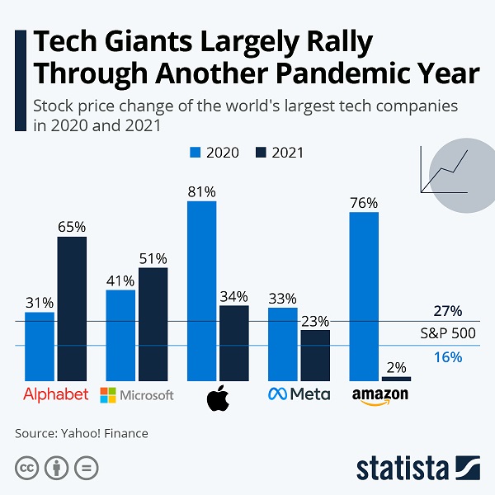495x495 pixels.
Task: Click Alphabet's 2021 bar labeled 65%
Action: (x=71, y=308)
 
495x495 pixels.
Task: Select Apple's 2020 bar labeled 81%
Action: (x=201, y=290)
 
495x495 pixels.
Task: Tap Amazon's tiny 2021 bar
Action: (x=396, y=379)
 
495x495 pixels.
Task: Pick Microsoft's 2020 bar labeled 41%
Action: (x=120, y=335)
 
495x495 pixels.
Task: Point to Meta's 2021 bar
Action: (x=315, y=355)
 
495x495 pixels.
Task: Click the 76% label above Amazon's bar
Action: (x=364, y=203)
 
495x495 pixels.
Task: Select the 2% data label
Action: (x=397, y=367)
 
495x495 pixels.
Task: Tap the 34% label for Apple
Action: (x=233, y=295)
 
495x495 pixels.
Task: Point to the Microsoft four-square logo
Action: (x=107, y=395)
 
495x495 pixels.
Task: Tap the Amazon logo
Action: (x=380, y=395)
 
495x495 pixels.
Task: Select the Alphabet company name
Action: (x=55, y=394)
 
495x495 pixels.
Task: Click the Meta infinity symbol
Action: (x=278, y=394)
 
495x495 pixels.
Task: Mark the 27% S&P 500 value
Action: (x=447, y=311)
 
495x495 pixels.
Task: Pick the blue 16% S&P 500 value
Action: (x=447, y=356)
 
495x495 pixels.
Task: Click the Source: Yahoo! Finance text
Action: (x=81, y=432)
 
